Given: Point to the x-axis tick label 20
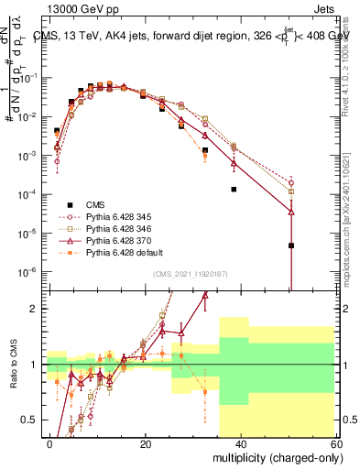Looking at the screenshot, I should pyautogui.click(x=146, y=442).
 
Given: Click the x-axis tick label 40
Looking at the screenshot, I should pyautogui.click(x=241, y=442).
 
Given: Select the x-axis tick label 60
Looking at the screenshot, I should pyautogui.click(x=336, y=442).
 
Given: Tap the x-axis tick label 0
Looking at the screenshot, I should pyautogui.click(x=50, y=442).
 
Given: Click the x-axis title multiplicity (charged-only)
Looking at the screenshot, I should pyautogui.click(x=274, y=456).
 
